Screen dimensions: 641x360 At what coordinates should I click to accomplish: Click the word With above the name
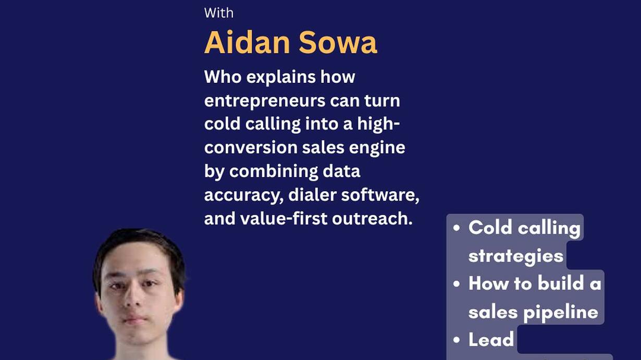219,13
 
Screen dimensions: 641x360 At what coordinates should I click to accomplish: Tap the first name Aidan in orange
247,42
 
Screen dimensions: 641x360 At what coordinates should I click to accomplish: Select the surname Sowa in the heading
338,42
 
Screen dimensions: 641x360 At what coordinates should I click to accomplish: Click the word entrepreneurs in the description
265,102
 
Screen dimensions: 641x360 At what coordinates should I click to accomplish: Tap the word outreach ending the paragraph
372,219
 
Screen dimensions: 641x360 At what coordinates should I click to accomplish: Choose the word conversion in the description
251,147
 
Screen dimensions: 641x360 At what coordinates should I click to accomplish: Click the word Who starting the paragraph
223,77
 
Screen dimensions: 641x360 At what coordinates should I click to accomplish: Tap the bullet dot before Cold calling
457,228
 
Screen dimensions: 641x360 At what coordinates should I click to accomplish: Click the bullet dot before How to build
457,283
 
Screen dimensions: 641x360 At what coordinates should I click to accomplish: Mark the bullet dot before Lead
457,340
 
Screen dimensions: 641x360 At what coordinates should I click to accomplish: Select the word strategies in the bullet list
516,256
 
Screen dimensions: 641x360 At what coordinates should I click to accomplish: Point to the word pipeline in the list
561,312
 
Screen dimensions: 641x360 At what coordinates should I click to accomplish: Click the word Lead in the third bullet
491,339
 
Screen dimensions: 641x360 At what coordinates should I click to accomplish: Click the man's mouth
135,319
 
